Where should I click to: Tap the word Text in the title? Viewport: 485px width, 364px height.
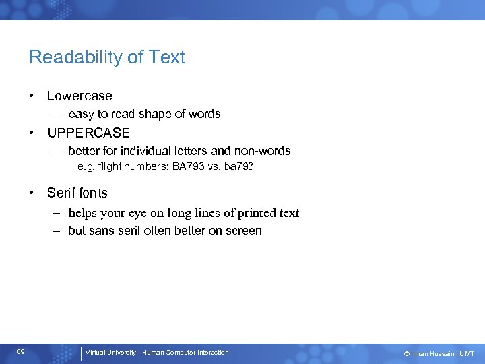(x=168, y=57)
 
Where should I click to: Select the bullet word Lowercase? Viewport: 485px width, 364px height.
(x=79, y=96)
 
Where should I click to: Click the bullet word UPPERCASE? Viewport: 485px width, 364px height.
(x=88, y=133)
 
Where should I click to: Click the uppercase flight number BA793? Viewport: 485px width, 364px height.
(x=186, y=166)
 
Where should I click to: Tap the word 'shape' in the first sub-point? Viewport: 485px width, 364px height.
(x=143, y=115)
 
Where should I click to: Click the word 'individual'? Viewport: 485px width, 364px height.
(x=148, y=151)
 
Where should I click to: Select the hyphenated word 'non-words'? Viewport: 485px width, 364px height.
(x=263, y=151)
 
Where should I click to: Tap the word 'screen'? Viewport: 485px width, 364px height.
(x=244, y=231)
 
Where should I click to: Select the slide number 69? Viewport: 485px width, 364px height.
(x=21, y=353)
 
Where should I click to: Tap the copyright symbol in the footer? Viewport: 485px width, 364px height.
(x=407, y=354)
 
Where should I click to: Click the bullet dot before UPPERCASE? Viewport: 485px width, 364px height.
(x=32, y=133)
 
